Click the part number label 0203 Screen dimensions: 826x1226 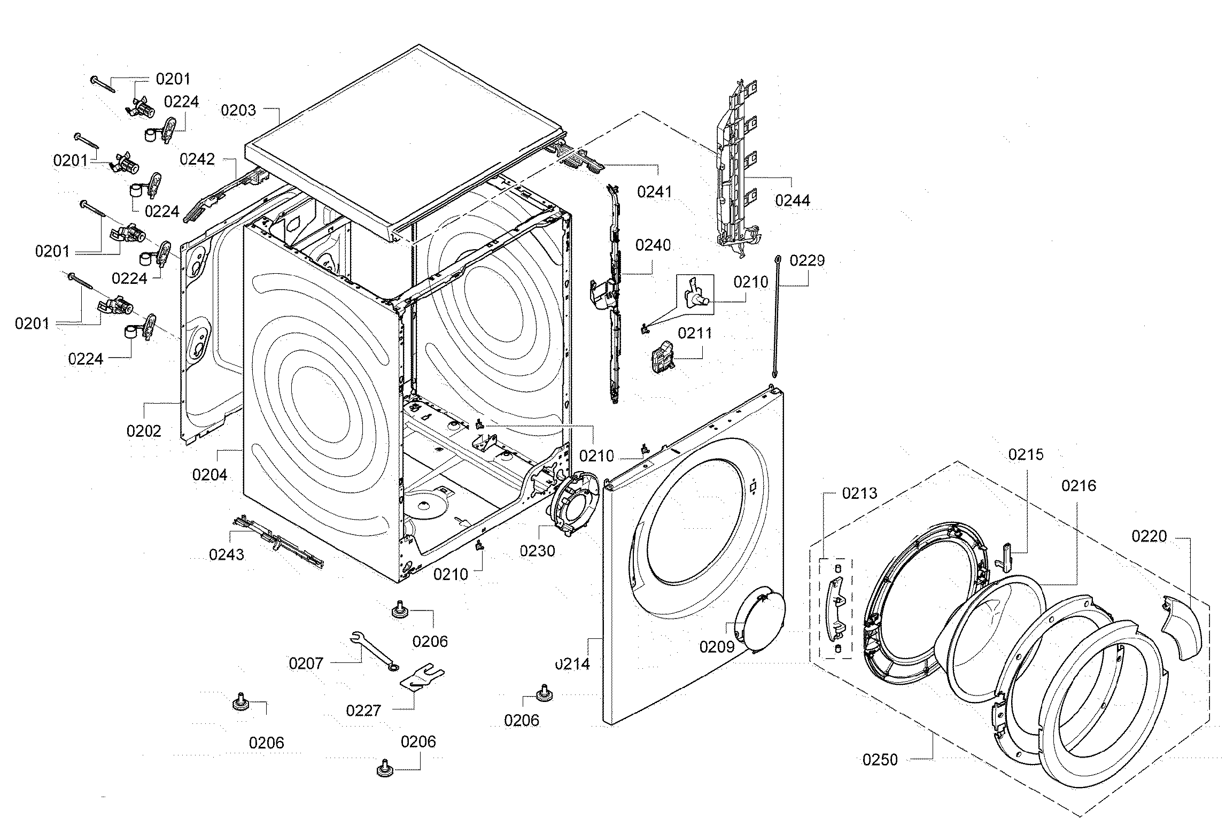(238, 110)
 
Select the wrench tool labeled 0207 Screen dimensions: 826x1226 (373, 650)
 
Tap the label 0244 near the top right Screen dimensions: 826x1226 (793, 200)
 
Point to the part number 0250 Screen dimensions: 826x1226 (880, 760)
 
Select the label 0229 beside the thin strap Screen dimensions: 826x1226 (807, 260)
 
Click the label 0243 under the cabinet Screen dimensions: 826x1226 (227, 554)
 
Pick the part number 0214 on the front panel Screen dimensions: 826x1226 (572, 664)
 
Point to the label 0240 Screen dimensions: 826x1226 (653, 245)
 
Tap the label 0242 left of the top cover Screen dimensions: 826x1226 (197, 159)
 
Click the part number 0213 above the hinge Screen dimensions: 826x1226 (859, 493)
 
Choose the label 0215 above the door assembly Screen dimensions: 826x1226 (1026, 454)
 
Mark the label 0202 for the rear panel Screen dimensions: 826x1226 (144, 430)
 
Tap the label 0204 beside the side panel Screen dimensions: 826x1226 (209, 474)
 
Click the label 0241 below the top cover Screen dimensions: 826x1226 (654, 191)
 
